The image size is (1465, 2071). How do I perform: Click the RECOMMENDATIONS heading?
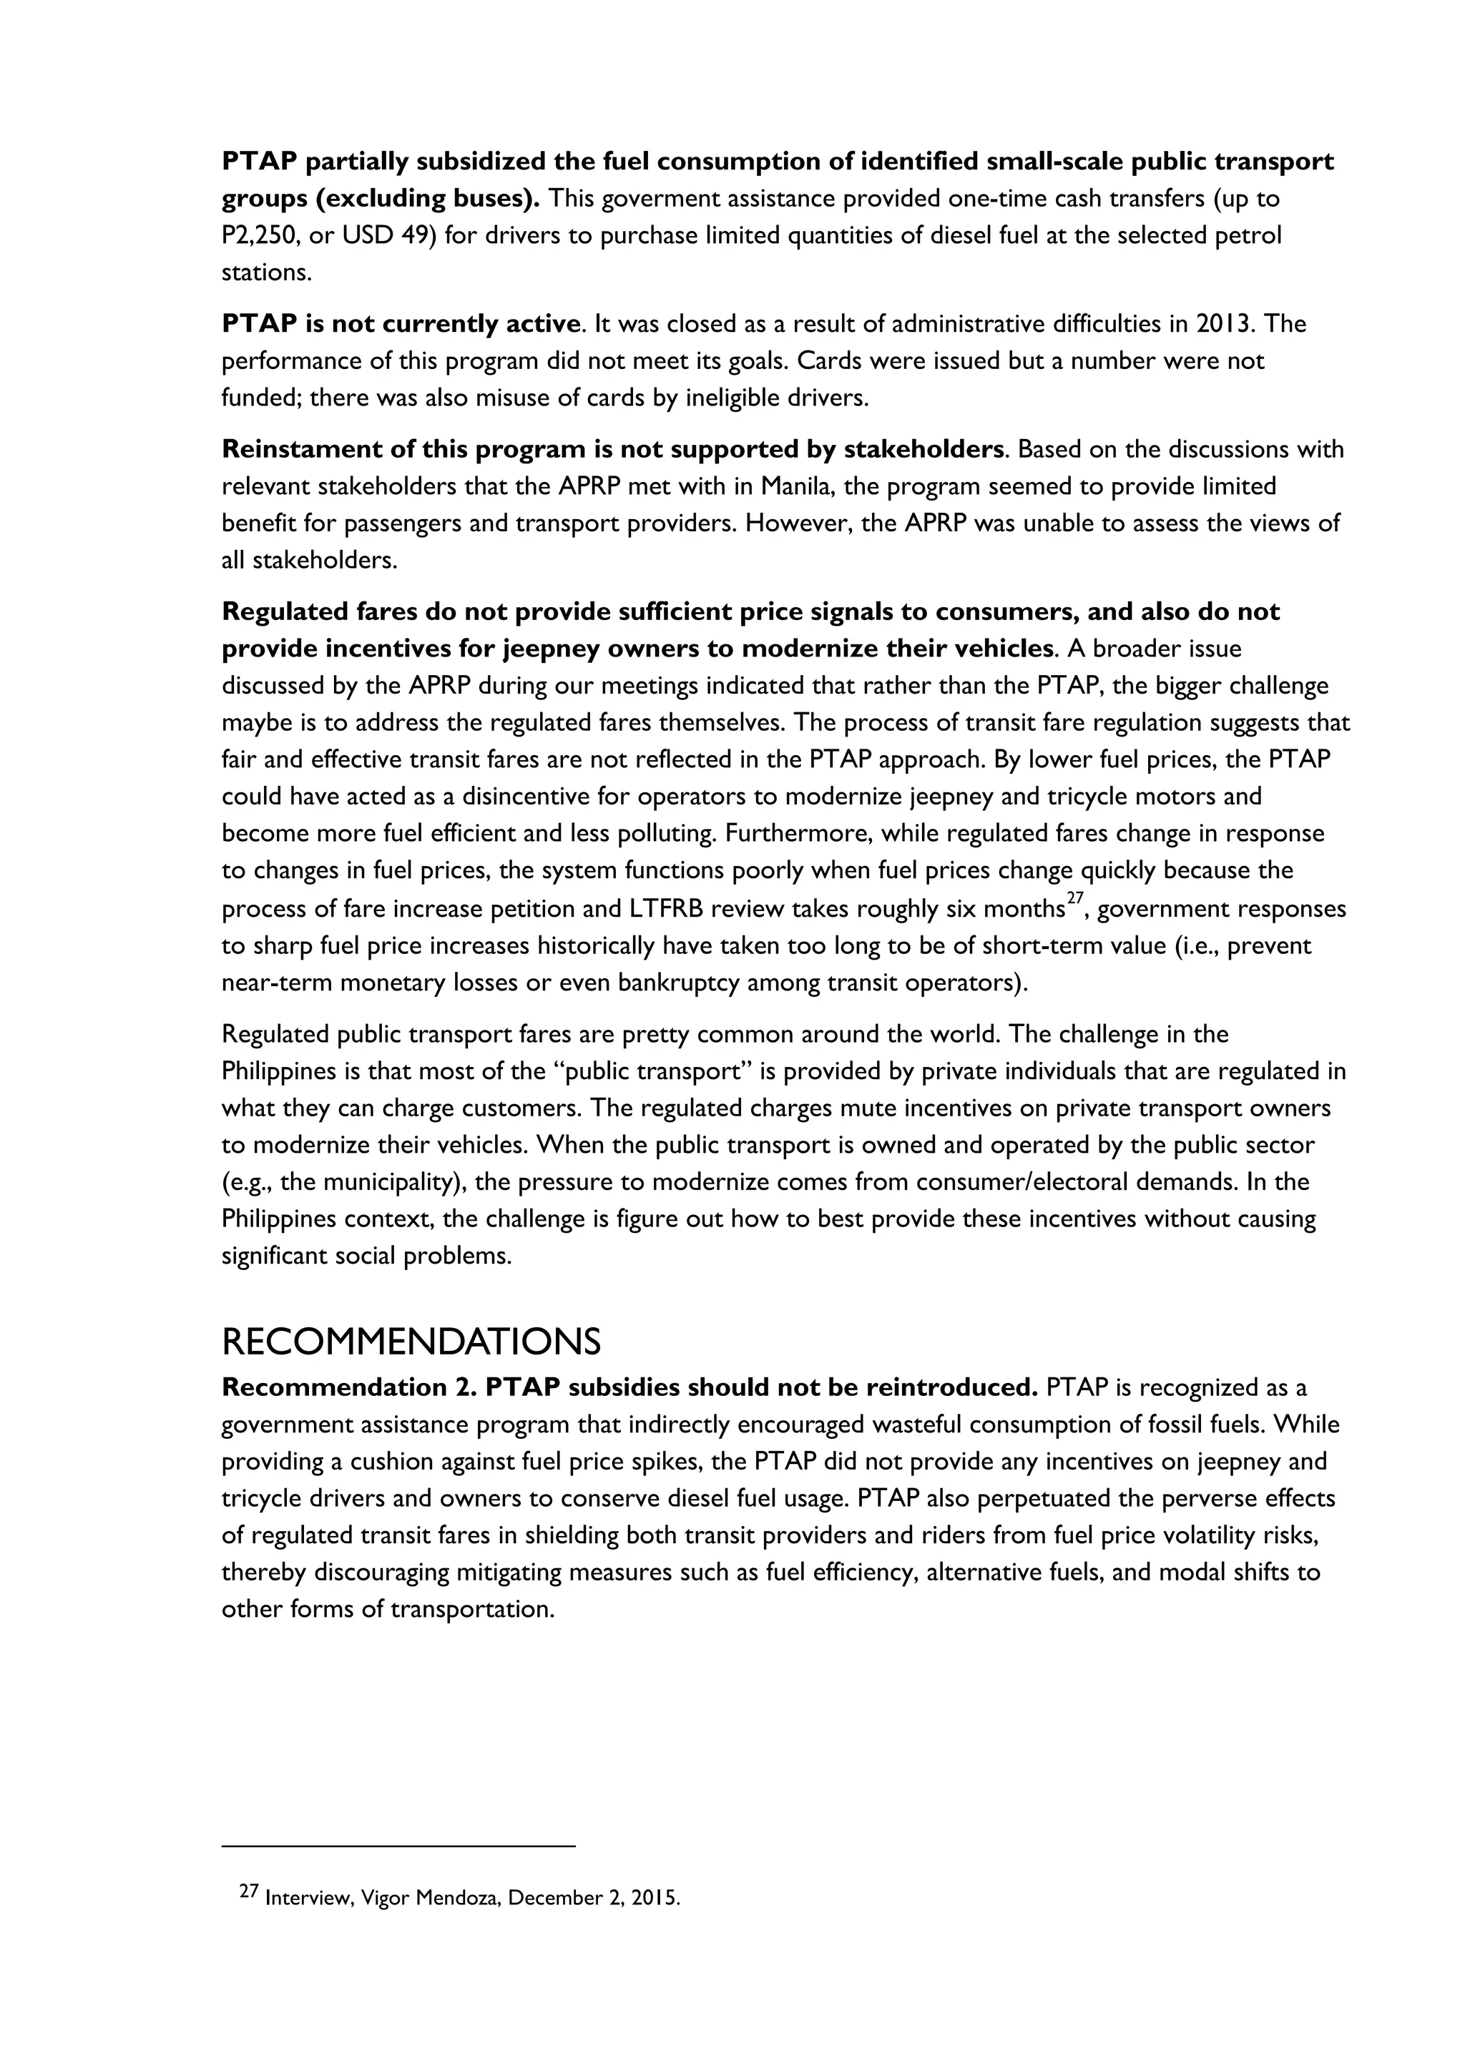click(411, 1343)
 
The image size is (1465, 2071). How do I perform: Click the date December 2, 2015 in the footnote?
click(594, 1899)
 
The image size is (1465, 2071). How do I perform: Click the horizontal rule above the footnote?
click(398, 1846)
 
